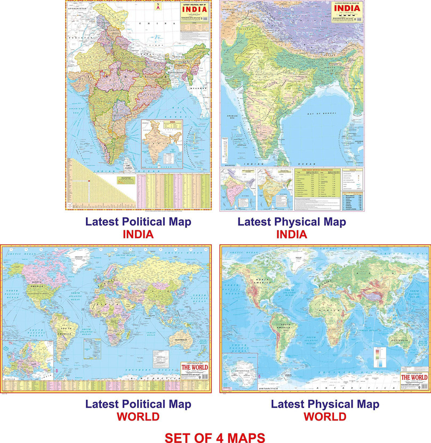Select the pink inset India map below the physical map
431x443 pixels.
[237, 189]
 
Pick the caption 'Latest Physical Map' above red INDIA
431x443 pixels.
[292, 222]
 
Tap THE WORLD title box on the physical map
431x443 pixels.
[413, 378]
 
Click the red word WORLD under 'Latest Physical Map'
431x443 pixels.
[325, 416]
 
